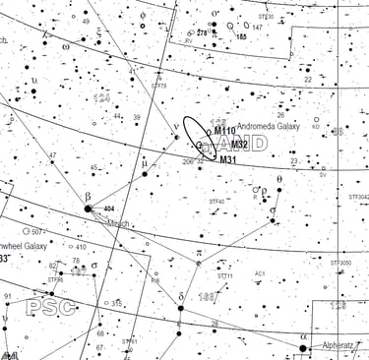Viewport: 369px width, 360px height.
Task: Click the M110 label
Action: click(x=225, y=131)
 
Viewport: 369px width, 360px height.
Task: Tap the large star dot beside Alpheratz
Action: click(x=304, y=347)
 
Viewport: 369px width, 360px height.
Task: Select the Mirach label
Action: click(x=117, y=223)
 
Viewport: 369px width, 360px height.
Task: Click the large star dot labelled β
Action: click(x=88, y=208)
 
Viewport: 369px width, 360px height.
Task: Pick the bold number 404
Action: click(x=108, y=210)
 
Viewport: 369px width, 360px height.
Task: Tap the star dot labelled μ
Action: click(x=145, y=173)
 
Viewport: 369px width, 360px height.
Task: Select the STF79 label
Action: click(x=159, y=86)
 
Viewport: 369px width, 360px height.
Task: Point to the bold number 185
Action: click(x=241, y=35)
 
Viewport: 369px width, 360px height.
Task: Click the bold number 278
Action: click(x=203, y=32)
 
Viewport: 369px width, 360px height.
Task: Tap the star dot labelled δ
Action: click(x=180, y=308)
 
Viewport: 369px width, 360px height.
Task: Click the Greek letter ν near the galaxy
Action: click(x=175, y=126)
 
